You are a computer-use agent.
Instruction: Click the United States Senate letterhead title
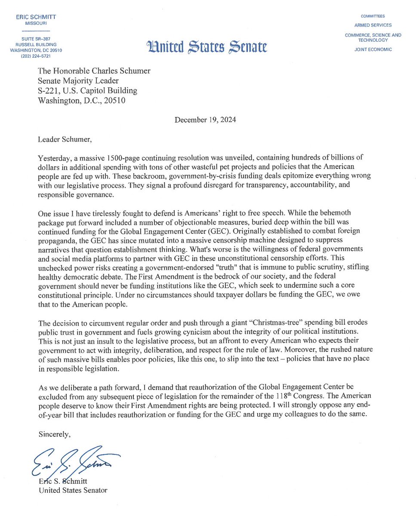[x=206, y=46]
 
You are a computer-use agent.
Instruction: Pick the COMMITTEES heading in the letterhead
[x=373, y=16]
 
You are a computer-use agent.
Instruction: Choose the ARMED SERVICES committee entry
[x=373, y=25]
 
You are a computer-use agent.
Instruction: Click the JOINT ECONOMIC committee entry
[x=373, y=49]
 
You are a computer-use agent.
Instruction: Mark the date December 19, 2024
[x=205, y=120]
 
